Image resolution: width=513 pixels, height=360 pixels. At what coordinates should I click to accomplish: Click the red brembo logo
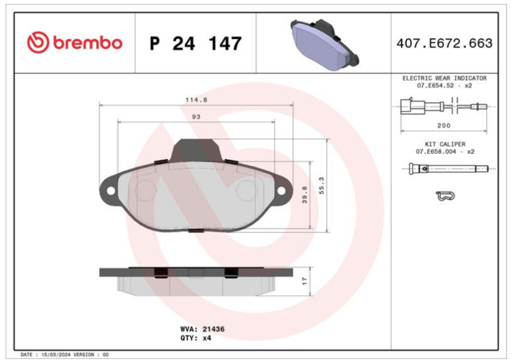point(74,42)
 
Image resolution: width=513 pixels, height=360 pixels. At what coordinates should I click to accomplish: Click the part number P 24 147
point(196,43)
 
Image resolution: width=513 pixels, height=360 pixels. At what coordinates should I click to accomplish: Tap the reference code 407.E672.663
point(444,43)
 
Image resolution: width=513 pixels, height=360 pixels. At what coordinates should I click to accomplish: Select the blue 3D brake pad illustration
point(324,44)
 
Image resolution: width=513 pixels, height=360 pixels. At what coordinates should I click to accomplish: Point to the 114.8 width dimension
point(196,100)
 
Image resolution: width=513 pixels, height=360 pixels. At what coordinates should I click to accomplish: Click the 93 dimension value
point(196,117)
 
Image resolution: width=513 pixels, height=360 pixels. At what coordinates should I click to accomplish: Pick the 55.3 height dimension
point(321,185)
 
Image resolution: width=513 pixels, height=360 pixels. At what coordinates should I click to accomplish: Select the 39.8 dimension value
point(305,194)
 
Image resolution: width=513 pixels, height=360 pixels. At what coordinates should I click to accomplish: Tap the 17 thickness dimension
point(305,281)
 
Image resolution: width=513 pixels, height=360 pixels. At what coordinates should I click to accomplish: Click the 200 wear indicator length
point(444,125)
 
